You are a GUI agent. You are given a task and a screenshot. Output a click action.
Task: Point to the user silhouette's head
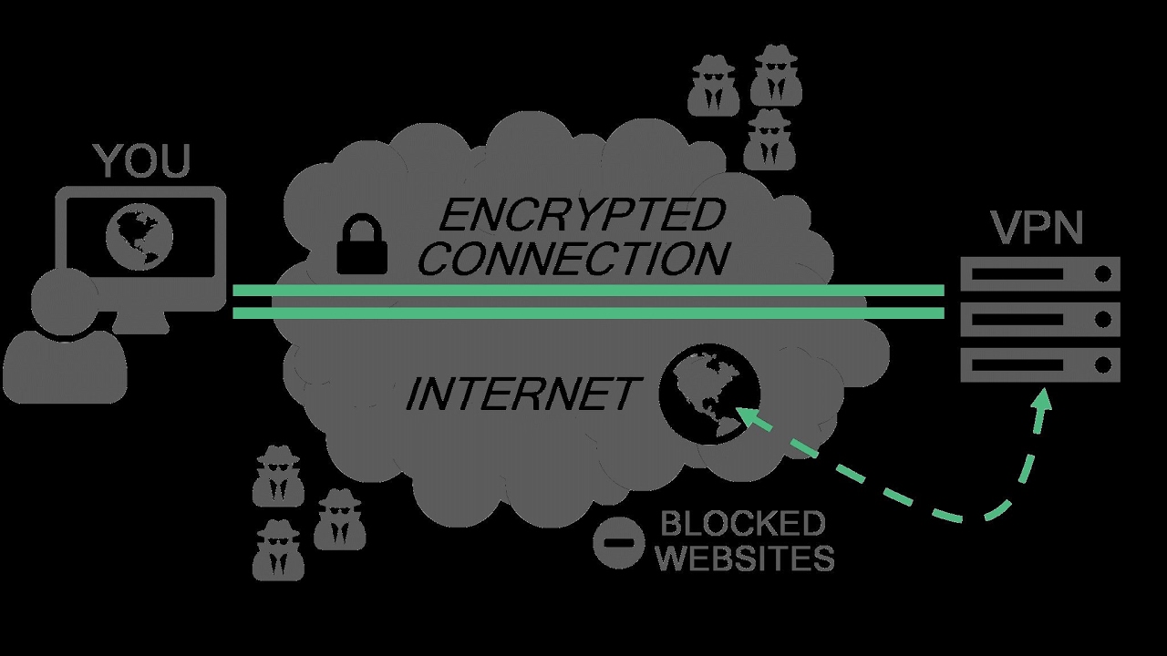[64, 301]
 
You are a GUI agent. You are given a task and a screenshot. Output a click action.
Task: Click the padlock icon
[362, 243]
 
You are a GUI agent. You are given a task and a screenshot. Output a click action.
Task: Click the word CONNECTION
[577, 258]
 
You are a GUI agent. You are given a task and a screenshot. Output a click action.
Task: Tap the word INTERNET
[521, 395]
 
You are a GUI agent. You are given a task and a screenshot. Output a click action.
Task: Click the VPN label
[1036, 228]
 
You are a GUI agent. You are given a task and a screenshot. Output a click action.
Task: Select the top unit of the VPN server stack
[1040, 273]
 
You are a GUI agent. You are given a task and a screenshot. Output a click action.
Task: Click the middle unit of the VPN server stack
[1040, 320]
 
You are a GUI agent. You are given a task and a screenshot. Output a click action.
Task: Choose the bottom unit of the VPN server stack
[1040, 365]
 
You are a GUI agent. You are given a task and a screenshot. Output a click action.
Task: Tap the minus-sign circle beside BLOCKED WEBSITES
[618, 543]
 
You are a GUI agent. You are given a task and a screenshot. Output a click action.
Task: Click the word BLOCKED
[742, 524]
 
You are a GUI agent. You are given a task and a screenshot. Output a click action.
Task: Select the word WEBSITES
[745, 558]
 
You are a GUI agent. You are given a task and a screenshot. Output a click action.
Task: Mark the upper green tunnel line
[588, 291]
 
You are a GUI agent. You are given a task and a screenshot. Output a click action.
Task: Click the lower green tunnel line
[588, 313]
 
